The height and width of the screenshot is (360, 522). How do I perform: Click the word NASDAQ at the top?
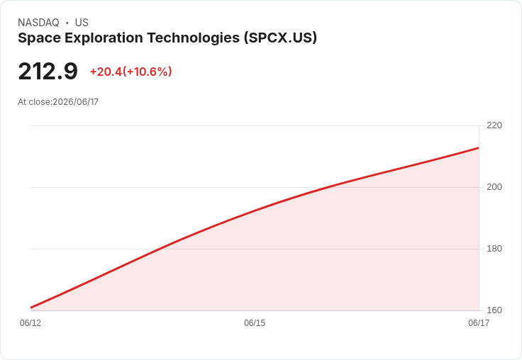(38, 23)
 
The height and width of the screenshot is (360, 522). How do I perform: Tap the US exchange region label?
(82, 23)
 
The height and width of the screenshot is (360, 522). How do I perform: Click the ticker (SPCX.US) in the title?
(280, 38)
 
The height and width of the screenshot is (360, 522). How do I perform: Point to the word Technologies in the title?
(194, 38)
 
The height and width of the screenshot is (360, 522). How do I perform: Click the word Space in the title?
(39, 38)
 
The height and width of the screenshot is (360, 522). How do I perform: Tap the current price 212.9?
(48, 72)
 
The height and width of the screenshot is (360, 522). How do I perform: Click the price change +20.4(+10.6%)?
(130, 72)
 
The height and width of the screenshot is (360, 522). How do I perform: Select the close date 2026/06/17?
(76, 102)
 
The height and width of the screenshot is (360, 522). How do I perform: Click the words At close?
(34, 102)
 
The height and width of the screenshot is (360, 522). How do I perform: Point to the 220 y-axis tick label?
(494, 125)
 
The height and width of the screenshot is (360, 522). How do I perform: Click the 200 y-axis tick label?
(494, 187)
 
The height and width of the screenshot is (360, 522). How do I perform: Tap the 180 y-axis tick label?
(494, 249)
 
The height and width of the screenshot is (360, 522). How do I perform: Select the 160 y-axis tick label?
(494, 310)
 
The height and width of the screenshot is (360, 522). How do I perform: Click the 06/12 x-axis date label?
(30, 323)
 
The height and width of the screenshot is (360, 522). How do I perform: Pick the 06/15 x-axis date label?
(255, 323)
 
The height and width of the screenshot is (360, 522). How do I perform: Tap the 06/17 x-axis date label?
(479, 323)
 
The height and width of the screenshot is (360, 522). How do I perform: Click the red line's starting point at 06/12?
(31, 308)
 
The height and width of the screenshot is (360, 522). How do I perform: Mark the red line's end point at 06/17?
(479, 147)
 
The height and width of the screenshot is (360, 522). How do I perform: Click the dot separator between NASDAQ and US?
(67, 23)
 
